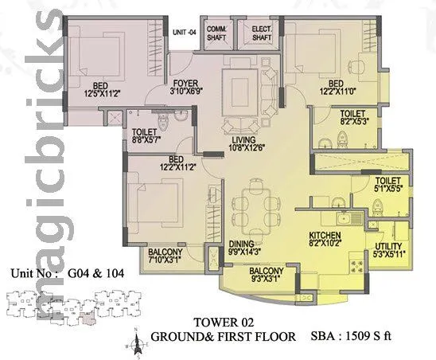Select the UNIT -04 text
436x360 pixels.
click(183, 32)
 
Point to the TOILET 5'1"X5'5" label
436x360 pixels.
click(389, 186)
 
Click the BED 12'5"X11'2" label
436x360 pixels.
click(94, 88)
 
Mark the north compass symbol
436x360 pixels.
click(138, 345)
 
